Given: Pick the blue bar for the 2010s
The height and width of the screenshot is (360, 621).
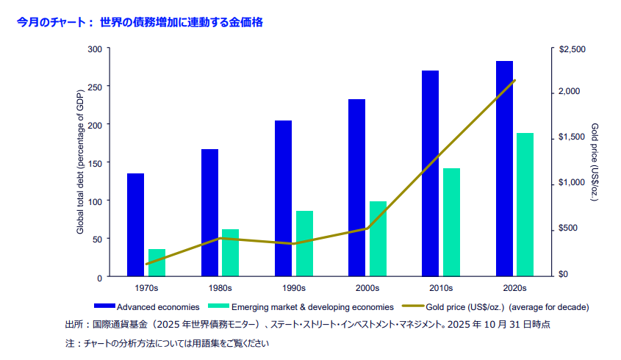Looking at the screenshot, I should tap(430, 173).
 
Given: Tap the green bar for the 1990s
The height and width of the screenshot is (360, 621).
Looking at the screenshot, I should tap(304, 243).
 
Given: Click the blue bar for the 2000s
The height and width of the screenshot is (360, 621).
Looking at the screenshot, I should tap(356, 187).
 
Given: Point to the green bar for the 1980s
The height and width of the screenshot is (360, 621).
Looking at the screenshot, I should tap(231, 253).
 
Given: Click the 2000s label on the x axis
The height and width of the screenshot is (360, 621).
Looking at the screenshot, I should tap(367, 289).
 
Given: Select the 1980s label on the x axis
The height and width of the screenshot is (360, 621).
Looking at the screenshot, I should tap(220, 289).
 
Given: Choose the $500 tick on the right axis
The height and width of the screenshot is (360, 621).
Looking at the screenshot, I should tap(570, 228).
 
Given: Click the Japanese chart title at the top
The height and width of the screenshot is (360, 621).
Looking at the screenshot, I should tap(140, 23).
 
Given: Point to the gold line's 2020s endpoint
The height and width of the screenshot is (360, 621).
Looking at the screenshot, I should tap(514, 81).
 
